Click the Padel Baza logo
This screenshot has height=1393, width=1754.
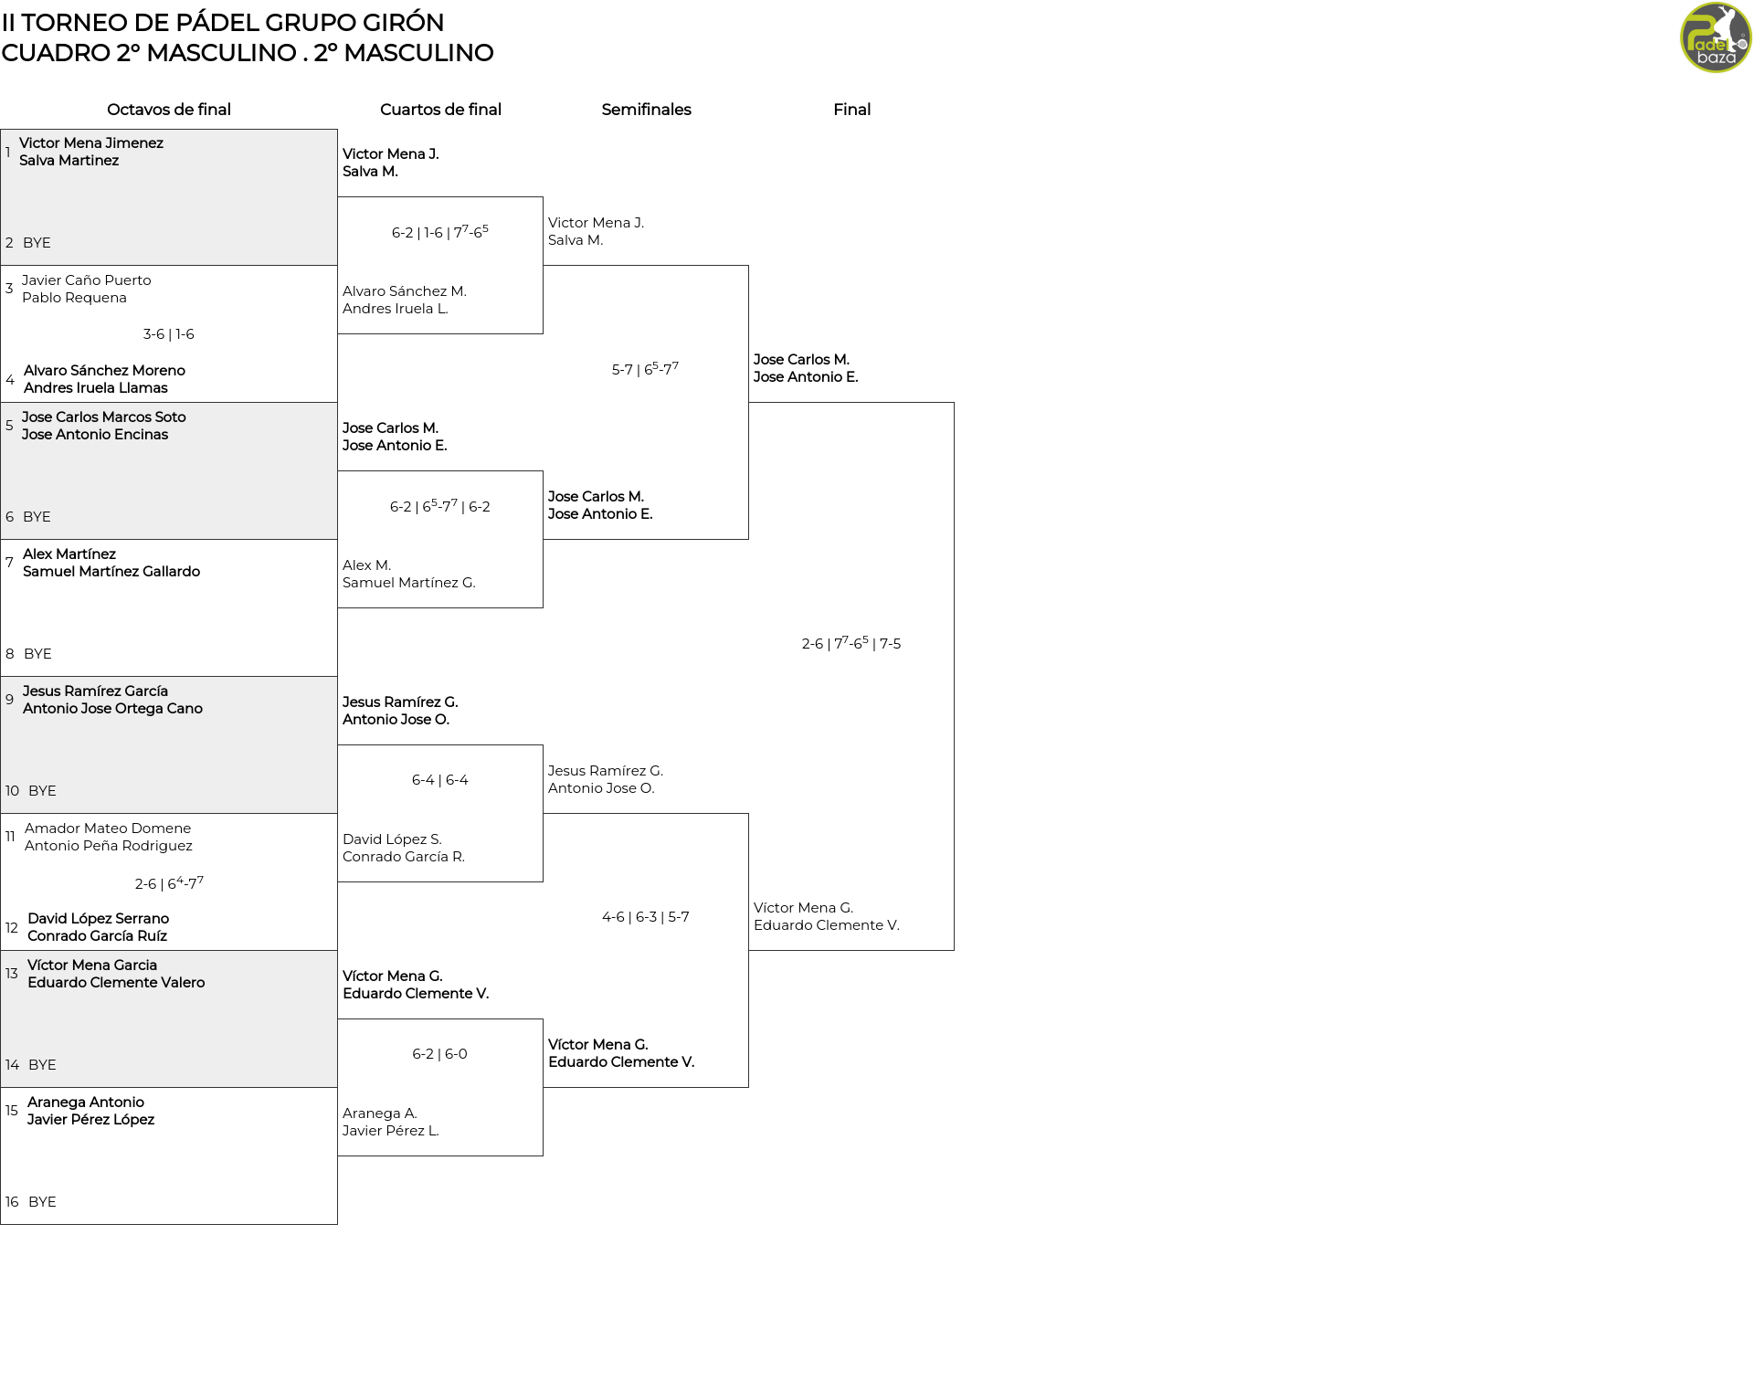[x=1716, y=37]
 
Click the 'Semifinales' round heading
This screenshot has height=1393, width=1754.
[x=646, y=110]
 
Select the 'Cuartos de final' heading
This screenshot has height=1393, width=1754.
[x=440, y=110]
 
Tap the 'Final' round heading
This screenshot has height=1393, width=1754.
[x=851, y=110]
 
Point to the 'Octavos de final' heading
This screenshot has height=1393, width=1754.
[x=169, y=110]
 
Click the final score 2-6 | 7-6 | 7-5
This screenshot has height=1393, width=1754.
[x=851, y=643]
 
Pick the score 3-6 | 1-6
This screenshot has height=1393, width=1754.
[x=169, y=334]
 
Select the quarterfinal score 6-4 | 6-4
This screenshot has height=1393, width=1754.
[x=440, y=780]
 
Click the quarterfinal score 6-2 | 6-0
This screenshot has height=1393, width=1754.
[x=440, y=1054]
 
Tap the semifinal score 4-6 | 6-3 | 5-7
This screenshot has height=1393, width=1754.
[x=646, y=917]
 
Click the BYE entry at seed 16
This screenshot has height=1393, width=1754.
[x=42, y=1202]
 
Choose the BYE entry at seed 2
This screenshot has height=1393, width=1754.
[x=37, y=243]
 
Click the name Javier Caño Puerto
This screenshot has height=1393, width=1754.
[x=87, y=280]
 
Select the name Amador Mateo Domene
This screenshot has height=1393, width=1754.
[x=108, y=828]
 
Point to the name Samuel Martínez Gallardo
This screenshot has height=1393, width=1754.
[x=111, y=572]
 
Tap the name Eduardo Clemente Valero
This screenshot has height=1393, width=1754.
[x=116, y=983]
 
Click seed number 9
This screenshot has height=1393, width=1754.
[x=9, y=700]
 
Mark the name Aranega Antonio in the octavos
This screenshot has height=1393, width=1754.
[x=86, y=1103]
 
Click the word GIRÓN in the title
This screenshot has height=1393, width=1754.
[x=398, y=22]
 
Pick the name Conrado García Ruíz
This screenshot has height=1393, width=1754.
[x=98, y=936]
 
